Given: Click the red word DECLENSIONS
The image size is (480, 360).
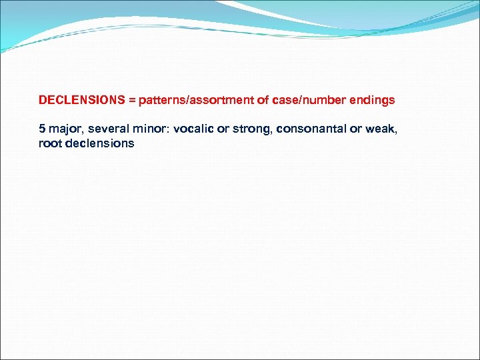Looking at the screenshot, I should point(82,101).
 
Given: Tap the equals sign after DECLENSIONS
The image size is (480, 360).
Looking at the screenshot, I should point(132,101).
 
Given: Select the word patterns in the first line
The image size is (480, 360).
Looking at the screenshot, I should point(163,101).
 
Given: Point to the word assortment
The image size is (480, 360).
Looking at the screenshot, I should point(224,101).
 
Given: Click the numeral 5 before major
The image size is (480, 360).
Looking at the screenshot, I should point(42,128).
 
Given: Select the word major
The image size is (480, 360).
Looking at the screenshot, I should point(65,128).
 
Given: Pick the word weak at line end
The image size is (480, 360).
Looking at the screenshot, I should point(381,128).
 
